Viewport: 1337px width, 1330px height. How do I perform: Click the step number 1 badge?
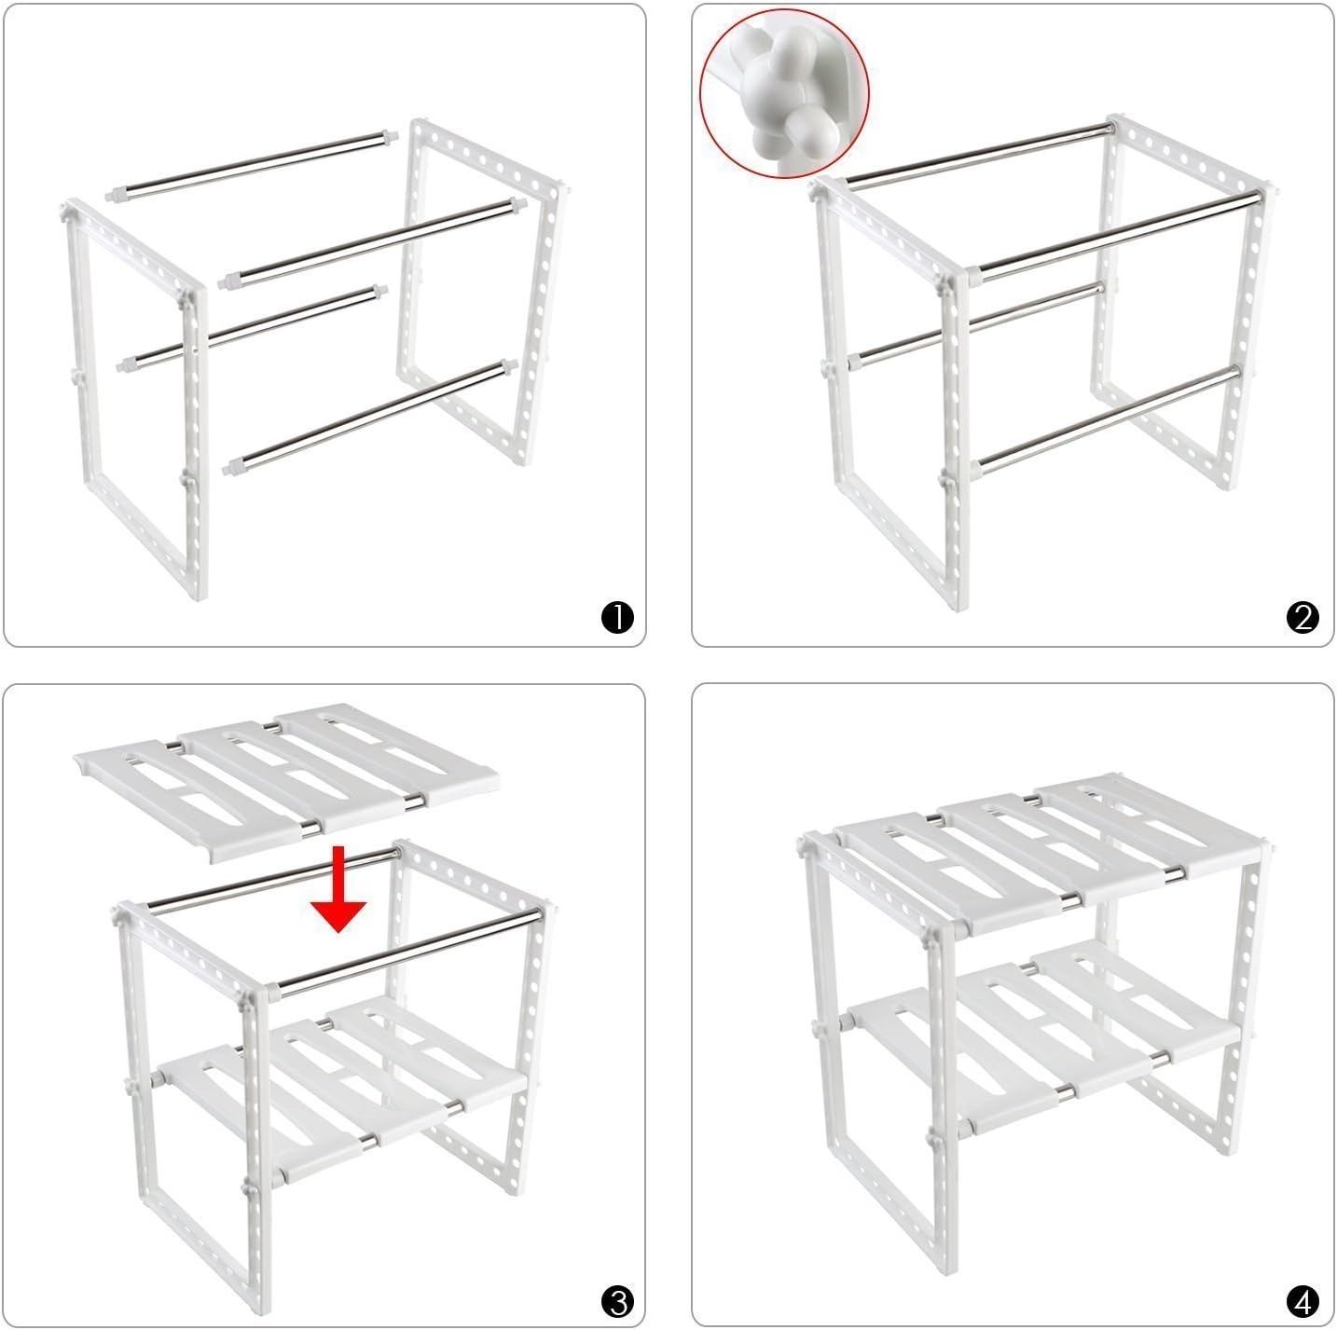point(617,617)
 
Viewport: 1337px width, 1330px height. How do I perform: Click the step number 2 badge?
point(1302,617)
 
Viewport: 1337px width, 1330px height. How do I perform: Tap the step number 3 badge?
point(617,1301)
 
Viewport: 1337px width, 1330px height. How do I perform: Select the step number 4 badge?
point(1302,1301)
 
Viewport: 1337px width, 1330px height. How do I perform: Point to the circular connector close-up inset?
point(784,93)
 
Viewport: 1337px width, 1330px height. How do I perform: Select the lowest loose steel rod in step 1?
point(370,417)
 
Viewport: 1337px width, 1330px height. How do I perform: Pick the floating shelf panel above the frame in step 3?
point(286,783)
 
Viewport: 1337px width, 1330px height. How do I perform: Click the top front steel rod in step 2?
point(1117,236)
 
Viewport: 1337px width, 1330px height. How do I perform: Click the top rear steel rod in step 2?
point(978,154)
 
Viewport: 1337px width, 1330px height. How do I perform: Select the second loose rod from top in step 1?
point(372,243)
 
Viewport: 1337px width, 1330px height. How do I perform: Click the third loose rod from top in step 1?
point(252,328)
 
